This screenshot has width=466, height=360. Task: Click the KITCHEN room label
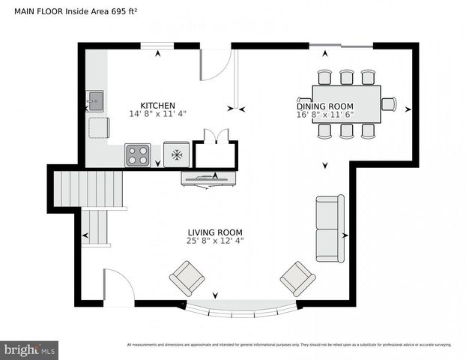coord(157,105)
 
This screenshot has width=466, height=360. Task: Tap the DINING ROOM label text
coord(324,106)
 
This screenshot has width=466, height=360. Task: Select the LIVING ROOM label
coord(215,232)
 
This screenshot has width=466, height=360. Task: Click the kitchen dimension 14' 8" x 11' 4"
coord(157,114)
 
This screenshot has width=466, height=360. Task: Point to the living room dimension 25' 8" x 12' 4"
coord(215,241)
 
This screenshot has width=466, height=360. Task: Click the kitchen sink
coord(95,99)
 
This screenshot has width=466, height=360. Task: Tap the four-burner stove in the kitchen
coord(137,154)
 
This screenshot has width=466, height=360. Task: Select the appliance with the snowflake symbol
coord(177,154)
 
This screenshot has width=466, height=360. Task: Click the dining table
coord(346,103)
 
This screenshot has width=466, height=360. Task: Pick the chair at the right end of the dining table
coord(388,103)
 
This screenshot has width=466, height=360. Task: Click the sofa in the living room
coord(330,228)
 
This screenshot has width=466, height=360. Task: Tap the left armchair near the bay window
coord(187,279)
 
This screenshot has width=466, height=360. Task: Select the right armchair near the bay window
coord(297,278)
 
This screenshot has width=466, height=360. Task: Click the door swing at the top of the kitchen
coord(215,64)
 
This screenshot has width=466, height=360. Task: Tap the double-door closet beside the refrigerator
coord(215,154)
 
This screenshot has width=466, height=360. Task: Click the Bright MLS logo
coord(30,349)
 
